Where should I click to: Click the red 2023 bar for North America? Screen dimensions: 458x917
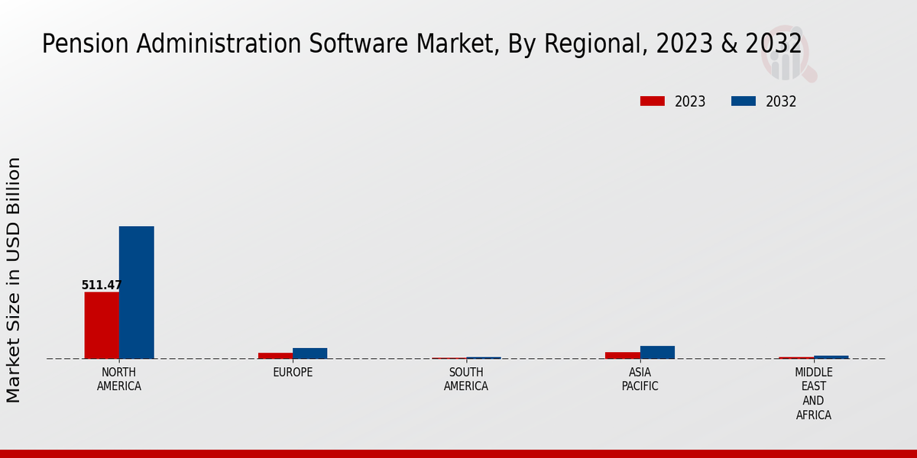click(102, 325)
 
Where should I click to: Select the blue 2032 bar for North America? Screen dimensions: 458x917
click(136, 292)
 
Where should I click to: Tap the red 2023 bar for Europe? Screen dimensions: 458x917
click(275, 355)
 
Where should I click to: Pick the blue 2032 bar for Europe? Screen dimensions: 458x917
click(309, 353)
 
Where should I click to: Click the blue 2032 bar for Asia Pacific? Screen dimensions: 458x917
click(657, 352)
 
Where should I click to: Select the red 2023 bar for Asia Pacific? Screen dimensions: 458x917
click(622, 355)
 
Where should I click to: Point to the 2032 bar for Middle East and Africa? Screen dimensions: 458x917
click(831, 357)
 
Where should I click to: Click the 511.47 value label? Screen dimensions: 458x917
click(102, 285)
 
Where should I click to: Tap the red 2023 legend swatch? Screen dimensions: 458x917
click(653, 102)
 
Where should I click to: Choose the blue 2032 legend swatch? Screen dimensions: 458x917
click(744, 102)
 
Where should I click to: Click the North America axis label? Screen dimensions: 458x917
click(119, 379)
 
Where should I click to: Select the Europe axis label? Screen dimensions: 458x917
click(293, 373)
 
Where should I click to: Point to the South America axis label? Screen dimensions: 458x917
click(466, 379)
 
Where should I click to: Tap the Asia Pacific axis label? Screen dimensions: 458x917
click(640, 379)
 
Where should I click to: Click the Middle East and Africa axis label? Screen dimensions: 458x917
click(813, 394)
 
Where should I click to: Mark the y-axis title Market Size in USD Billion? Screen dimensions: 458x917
click(14, 279)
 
